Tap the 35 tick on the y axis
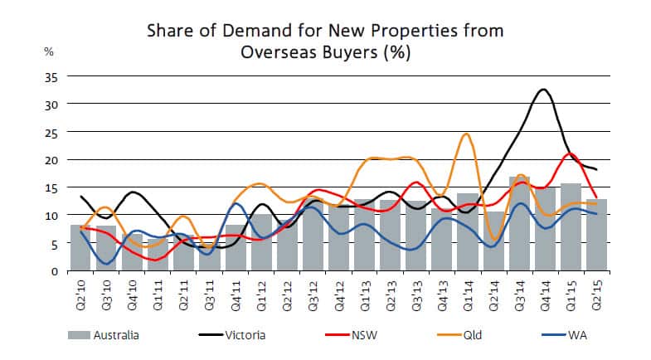pos(51,76)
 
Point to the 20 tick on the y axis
pos(51,159)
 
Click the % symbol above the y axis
pos(49,51)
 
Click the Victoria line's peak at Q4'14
pos(543,90)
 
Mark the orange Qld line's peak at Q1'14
pos(467,134)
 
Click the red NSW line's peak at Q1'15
pos(571,153)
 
